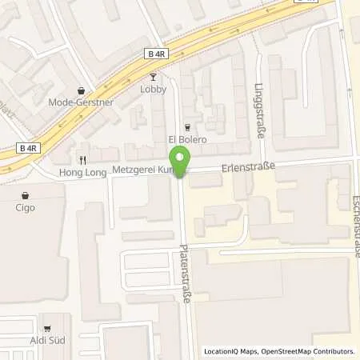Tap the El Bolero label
tap(187, 139)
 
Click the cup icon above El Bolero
tap(187, 127)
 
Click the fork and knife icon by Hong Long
tap(82, 159)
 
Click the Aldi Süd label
tap(47, 340)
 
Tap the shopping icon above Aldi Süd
tap(47, 328)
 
